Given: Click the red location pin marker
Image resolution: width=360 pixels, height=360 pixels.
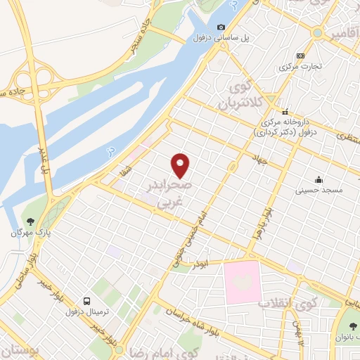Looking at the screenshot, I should (181, 165).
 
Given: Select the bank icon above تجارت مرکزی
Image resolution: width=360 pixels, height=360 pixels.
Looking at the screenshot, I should (301, 56).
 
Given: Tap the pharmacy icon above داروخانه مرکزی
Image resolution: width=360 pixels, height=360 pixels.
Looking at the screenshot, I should (285, 111).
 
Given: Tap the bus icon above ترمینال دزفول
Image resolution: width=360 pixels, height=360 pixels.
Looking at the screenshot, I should (85, 300).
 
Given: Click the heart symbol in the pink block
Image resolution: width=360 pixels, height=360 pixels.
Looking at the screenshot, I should (243, 281).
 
